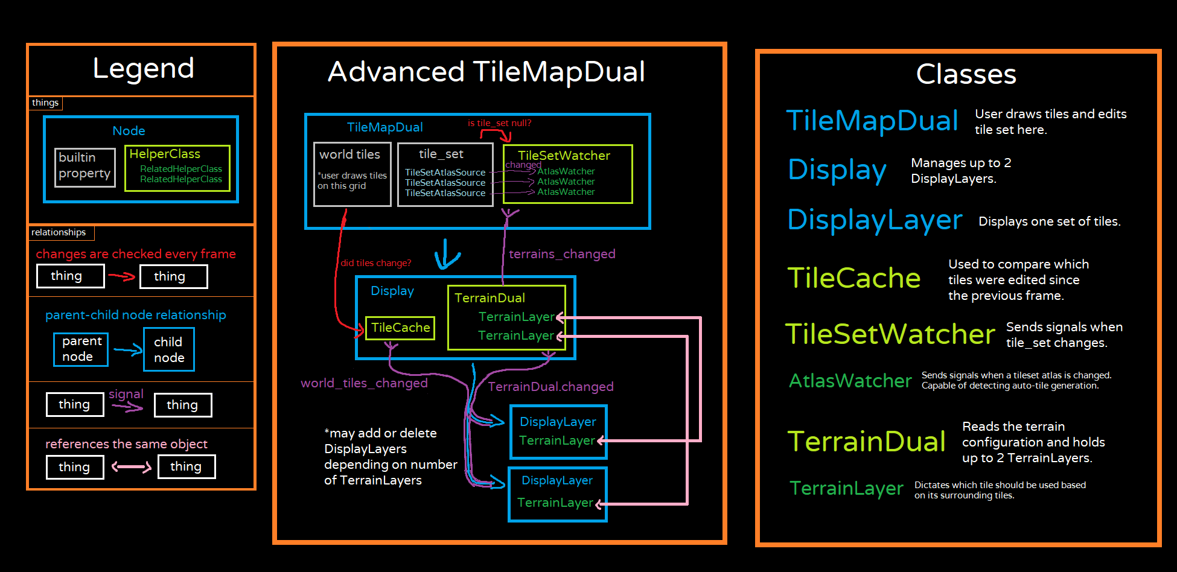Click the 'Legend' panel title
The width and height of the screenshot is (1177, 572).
(x=144, y=68)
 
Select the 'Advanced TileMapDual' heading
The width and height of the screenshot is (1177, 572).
(x=486, y=72)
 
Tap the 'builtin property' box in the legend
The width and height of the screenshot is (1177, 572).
(x=85, y=167)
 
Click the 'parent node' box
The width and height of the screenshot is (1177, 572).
(x=81, y=349)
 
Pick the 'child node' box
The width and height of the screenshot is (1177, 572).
(x=169, y=349)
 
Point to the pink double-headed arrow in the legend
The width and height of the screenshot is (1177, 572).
(x=131, y=467)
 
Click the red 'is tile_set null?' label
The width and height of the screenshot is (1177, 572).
(x=499, y=123)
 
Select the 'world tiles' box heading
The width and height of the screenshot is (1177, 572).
(x=349, y=154)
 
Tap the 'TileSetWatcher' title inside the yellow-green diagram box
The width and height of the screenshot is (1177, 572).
(x=564, y=156)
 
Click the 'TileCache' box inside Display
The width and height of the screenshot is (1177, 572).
(x=400, y=328)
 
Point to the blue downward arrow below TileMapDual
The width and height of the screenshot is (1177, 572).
(x=447, y=255)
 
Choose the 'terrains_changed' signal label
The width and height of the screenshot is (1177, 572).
(x=562, y=254)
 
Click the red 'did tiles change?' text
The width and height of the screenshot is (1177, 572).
(x=375, y=263)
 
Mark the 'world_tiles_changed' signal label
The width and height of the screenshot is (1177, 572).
(x=364, y=383)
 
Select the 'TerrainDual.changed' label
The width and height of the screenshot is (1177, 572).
(x=550, y=387)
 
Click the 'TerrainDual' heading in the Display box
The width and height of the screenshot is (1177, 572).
(x=490, y=298)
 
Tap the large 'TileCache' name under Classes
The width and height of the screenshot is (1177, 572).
(x=853, y=278)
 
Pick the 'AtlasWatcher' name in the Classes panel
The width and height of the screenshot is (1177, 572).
(x=850, y=381)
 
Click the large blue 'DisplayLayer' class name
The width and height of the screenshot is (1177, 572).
(x=875, y=220)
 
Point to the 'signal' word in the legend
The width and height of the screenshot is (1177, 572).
(x=126, y=394)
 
